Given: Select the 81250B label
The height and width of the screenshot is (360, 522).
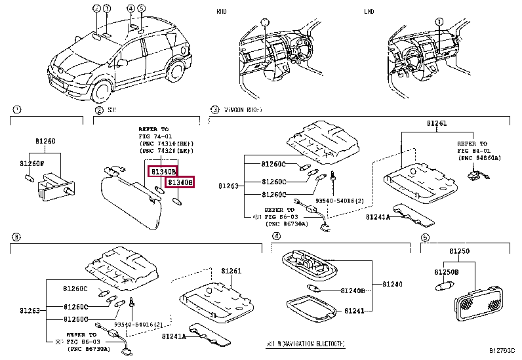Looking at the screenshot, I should (x=447, y=271).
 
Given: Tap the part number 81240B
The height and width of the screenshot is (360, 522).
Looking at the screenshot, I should (x=353, y=289).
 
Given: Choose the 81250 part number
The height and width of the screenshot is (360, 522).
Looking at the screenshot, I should (x=460, y=251).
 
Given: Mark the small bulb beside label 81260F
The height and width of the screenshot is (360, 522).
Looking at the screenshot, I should (x=29, y=178).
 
